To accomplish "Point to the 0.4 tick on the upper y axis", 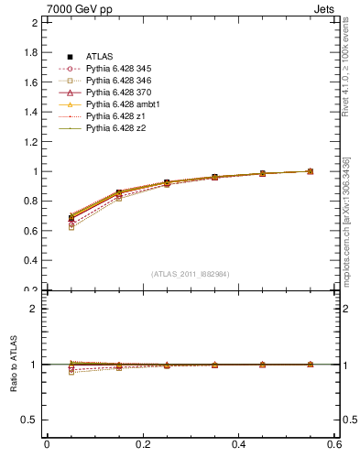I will click(x=30, y=260).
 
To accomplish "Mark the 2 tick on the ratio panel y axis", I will click(x=34, y=309).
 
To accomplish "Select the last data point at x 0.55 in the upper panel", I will click(x=310, y=171).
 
